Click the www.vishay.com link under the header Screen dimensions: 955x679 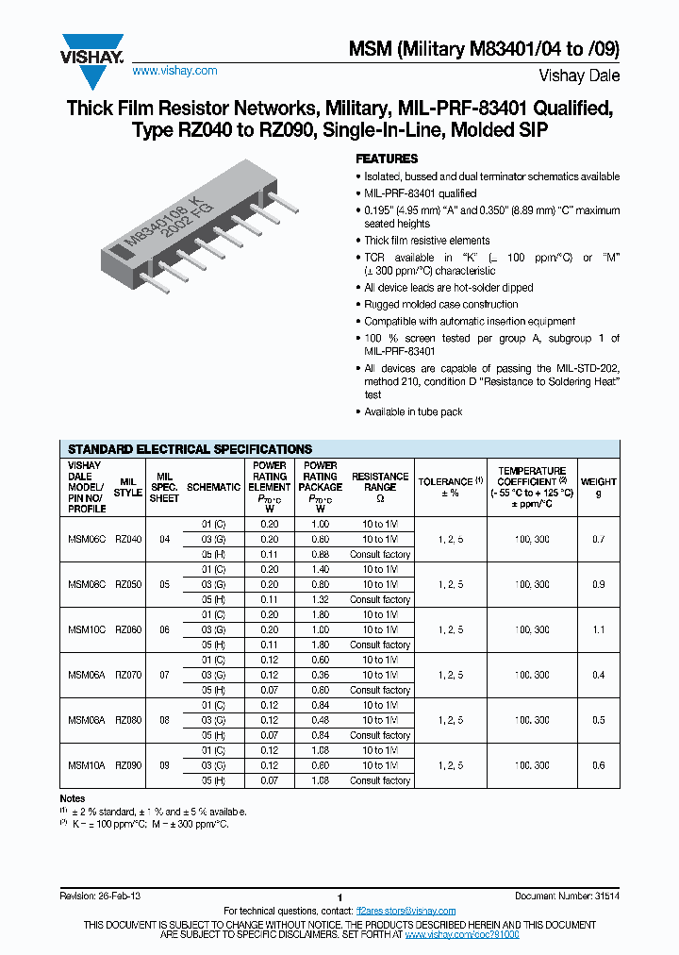pyautogui.click(x=174, y=71)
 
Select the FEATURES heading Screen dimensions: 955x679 pyautogui.click(x=386, y=159)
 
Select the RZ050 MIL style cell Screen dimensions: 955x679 pyautogui.click(x=128, y=584)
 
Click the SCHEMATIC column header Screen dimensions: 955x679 pyautogui.click(x=214, y=487)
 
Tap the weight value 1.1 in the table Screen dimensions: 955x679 pyautogui.click(x=598, y=629)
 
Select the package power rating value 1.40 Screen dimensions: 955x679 pyautogui.click(x=320, y=570)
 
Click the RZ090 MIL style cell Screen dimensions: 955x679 pyautogui.click(x=128, y=765)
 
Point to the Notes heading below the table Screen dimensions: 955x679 pyautogui.click(x=73, y=798)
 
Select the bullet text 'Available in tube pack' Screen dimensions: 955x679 pyautogui.click(x=413, y=411)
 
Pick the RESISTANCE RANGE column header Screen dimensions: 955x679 pyautogui.click(x=379, y=481)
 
